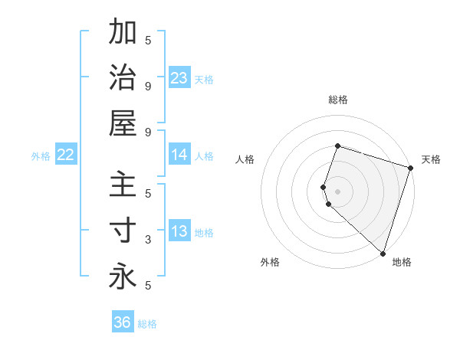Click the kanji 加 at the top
123,33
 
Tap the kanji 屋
123,123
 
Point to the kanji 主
123,186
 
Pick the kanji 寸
123,231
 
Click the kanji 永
123,277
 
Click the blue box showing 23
179,78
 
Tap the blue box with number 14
179,155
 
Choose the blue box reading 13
179,231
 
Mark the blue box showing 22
65,155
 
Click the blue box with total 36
122,322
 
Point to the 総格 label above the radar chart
337,100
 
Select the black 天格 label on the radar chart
431,159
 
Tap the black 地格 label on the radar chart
402,262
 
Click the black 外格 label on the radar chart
270,262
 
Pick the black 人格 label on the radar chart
245,159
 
